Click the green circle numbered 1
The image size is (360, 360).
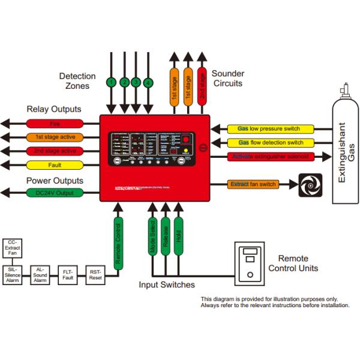[x=112, y=82]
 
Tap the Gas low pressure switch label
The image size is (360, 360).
[x=271, y=129]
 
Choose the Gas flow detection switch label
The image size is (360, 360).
[x=271, y=143]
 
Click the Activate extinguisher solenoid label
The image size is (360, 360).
[x=271, y=157]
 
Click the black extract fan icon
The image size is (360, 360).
[x=310, y=184]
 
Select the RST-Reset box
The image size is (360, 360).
[x=96, y=275]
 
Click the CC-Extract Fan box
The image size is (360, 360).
[x=13, y=247]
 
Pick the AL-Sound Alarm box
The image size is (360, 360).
[x=40, y=275]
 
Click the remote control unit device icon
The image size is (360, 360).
[x=250, y=262]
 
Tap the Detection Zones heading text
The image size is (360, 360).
[x=77, y=81]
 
